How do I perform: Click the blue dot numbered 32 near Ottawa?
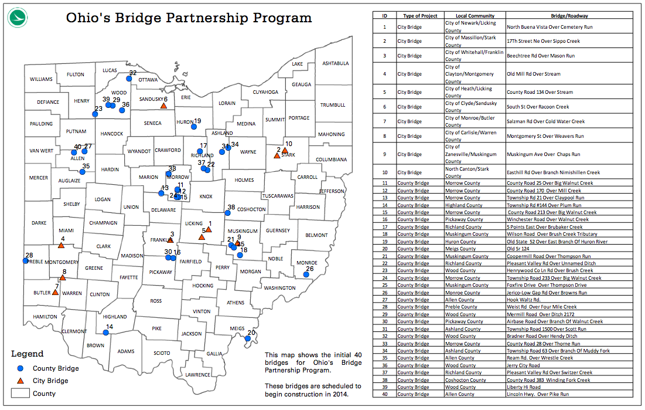(129, 78)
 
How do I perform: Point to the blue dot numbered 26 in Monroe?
(306, 275)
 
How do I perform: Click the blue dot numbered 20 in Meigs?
(248, 338)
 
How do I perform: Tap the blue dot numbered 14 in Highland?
(106, 333)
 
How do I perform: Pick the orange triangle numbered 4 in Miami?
(61, 245)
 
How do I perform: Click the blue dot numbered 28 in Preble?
(26, 261)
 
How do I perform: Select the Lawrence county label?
(197, 375)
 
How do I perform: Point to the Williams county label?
(41, 79)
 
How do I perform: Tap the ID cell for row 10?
(384, 172)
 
